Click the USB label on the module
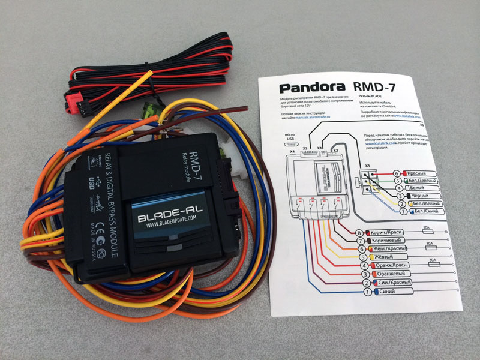(91, 182)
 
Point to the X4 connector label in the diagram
(293, 152)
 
